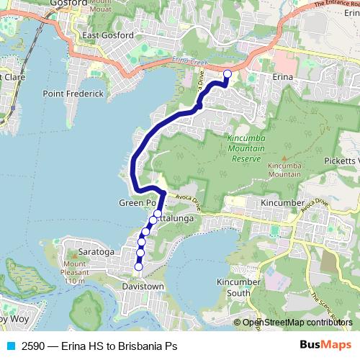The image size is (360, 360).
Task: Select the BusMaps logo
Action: [325, 345]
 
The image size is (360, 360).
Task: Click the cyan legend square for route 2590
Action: [11, 346]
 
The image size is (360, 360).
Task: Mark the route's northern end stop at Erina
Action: [228, 73]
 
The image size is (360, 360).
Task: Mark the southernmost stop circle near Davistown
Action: [139, 268]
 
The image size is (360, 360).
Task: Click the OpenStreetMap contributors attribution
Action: [296, 322]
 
